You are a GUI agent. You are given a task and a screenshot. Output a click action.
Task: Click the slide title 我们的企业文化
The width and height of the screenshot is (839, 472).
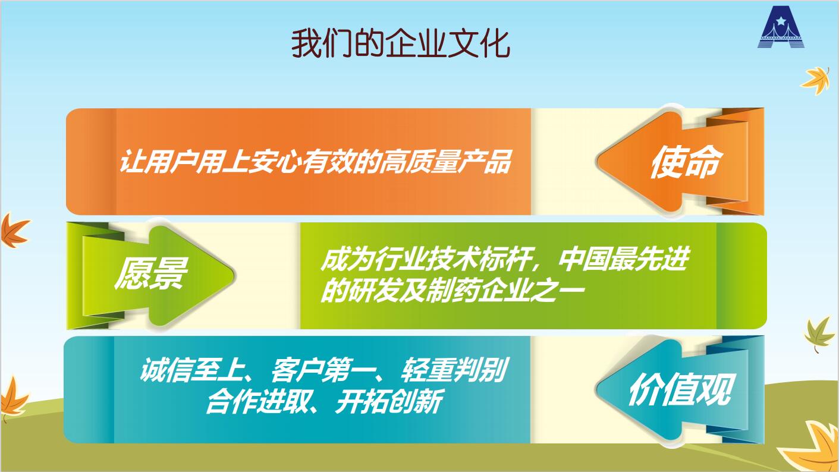click(400, 44)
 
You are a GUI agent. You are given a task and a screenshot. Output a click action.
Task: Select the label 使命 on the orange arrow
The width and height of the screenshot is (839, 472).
click(685, 162)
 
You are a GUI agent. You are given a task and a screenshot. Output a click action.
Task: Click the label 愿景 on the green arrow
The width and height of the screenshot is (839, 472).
click(151, 273)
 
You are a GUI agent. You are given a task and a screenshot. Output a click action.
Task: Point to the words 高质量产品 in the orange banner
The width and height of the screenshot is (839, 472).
click(445, 162)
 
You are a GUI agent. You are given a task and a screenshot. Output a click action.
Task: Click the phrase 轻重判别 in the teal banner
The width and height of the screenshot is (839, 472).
click(453, 370)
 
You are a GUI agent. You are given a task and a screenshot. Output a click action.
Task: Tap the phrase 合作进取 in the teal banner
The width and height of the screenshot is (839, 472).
click(257, 402)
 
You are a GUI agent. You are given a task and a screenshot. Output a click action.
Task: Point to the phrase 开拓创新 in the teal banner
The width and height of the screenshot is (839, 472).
click(389, 402)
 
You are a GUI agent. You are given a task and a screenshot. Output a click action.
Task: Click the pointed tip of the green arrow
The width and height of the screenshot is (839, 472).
click(234, 275)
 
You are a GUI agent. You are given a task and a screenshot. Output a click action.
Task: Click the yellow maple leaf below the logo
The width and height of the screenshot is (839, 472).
click(815, 80)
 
